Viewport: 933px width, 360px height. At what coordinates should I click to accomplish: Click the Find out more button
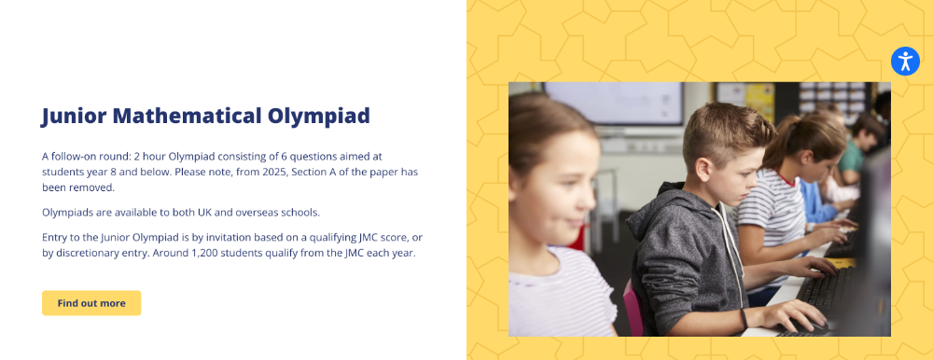click(91, 303)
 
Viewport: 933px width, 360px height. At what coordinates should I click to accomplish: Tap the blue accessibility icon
click(905, 62)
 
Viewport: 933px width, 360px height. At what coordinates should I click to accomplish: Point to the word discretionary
click(84, 253)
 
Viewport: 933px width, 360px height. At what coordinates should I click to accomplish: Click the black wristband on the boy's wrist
click(744, 319)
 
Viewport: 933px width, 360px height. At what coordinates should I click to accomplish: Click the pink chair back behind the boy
click(633, 308)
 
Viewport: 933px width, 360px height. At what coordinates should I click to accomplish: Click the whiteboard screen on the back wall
click(614, 103)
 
